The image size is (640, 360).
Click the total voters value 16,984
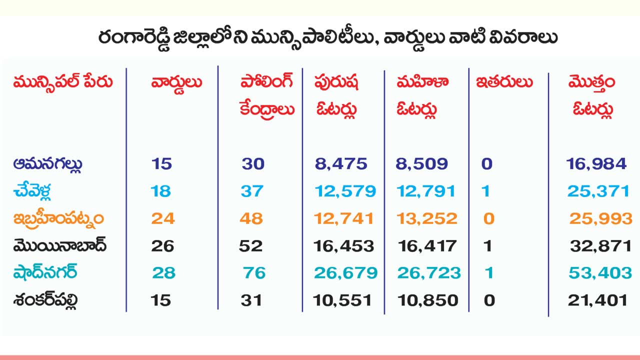coord(596,163)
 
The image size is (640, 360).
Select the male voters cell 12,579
coord(345,191)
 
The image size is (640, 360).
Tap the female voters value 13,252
coord(427,218)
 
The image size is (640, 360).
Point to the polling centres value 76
coord(254,273)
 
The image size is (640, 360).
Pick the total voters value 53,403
coord(600,273)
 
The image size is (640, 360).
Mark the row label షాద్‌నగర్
coord(45,273)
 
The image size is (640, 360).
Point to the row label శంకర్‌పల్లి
coord(46,301)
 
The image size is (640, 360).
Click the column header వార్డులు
coord(176,83)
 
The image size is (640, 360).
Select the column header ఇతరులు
coord(504,82)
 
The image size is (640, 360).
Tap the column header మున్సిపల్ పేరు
coord(63,83)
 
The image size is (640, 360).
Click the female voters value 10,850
coord(428,300)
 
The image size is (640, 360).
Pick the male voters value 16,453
coord(344,246)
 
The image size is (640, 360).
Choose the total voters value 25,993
coord(600,218)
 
